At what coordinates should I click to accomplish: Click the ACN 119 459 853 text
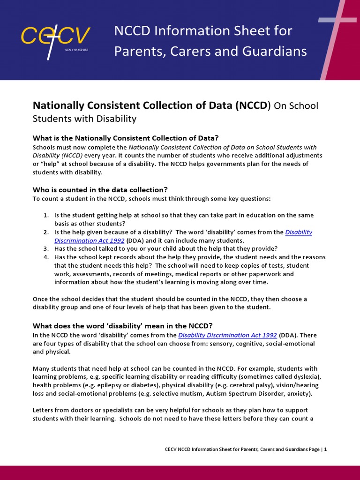click(x=76, y=50)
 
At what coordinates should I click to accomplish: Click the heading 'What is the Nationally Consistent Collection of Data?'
click(x=126, y=138)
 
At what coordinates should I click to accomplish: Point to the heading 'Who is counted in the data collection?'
click(x=100, y=189)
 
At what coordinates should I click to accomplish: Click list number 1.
click(x=46, y=215)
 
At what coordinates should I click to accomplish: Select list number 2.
click(x=46, y=232)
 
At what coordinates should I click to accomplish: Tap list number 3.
click(x=46, y=248)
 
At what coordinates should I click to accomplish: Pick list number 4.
click(x=46, y=257)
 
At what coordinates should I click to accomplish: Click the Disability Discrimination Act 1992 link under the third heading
click(x=227, y=335)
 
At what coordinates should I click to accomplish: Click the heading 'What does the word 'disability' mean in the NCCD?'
click(x=122, y=325)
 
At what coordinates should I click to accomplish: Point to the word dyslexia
click(x=306, y=377)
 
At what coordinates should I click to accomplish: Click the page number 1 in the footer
click(x=325, y=449)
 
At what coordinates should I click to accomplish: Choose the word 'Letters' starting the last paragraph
click(x=43, y=410)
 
